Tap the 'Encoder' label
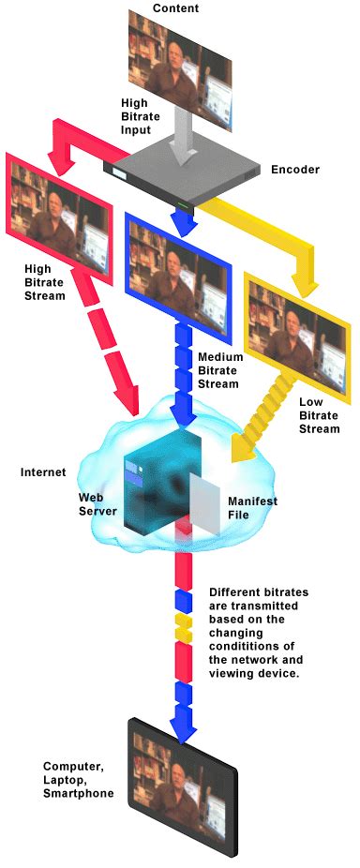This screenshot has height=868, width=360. (294, 171)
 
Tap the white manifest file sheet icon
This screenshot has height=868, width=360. (204, 507)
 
